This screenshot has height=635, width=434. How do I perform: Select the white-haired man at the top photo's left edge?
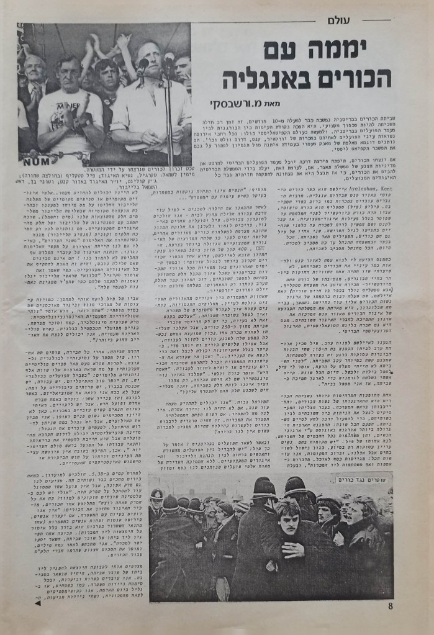(34, 71)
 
